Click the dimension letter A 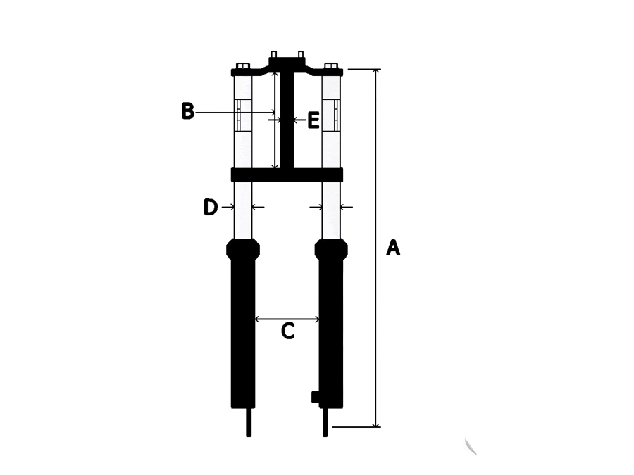coord(393,248)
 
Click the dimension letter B coord(187,111)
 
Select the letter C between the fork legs coord(288,331)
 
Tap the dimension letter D coord(210,207)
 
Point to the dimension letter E coord(313,120)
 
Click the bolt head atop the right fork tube coord(331,66)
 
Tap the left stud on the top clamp coord(274,54)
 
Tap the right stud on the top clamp coord(300,54)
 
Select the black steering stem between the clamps coord(287,120)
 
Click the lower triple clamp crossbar coord(287,175)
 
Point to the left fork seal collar coord(243,248)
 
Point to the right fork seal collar coord(331,248)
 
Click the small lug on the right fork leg coord(316,397)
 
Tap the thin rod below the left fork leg coord(249,422)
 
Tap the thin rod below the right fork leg coord(325,422)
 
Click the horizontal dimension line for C coord(287,319)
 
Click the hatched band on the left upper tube coord(242,115)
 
